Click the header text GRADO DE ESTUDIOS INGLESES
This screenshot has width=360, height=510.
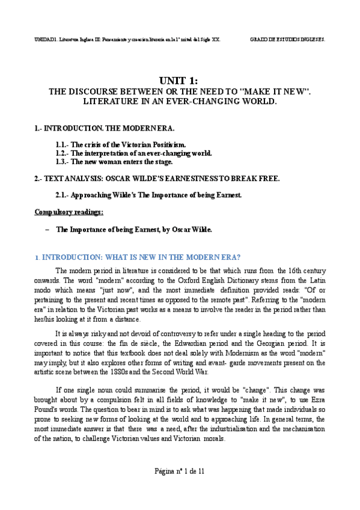[288, 39]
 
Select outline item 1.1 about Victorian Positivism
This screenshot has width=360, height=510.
[120, 145]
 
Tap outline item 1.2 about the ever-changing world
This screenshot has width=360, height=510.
[133, 153]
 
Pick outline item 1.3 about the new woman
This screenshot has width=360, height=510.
[113, 162]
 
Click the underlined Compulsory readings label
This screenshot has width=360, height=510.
[69, 212]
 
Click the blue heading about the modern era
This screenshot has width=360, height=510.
[139, 257]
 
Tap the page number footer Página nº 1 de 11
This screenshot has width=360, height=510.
[179, 471]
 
